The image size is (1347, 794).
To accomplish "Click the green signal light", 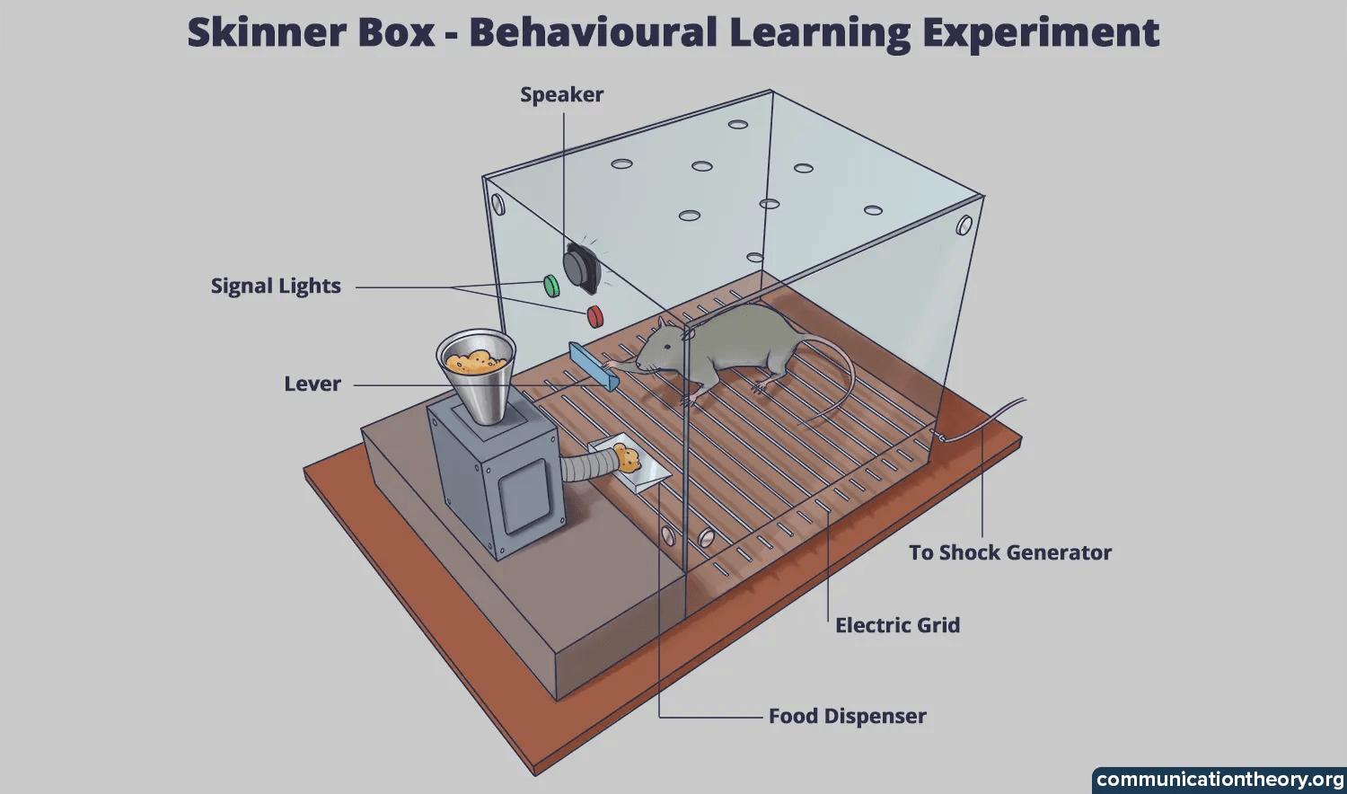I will click(x=551, y=286).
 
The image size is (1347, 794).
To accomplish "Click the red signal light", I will click(x=594, y=316).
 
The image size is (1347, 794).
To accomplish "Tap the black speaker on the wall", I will click(x=581, y=266).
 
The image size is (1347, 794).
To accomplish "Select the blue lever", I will click(x=593, y=366).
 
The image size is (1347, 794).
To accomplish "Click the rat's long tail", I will click(x=840, y=386).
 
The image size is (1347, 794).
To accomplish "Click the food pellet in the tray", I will click(x=627, y=459).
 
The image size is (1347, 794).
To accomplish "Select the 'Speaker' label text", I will click(x=561, y=95).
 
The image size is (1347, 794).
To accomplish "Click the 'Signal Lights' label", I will click(x=276, y=287).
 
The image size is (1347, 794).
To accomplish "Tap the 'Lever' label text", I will click(x=313, y=384).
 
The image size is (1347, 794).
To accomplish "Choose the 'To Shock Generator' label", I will click(x=1009, y=553).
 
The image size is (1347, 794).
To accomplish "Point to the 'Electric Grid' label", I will click(x=897, y=626).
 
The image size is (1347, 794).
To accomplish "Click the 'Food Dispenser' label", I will click(x=847, y=717).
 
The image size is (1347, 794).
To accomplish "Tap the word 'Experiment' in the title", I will click(x=1040, y=33).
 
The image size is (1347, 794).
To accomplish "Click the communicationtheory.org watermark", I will click(x=1219, y=780).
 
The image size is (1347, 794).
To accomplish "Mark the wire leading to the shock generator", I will click(x=983, y=421).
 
